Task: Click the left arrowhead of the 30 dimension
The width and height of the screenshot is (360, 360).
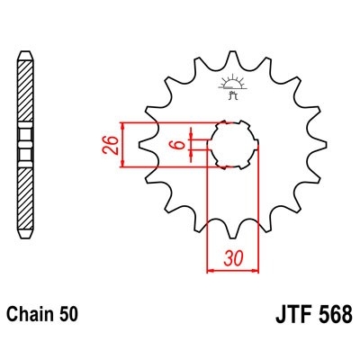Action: pos(212,267)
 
